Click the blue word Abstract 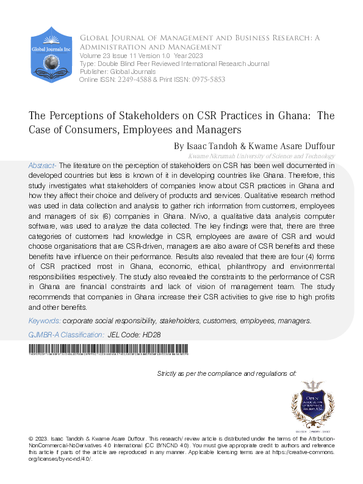click(43, 166)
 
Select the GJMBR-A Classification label click(66, 335)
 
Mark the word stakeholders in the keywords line click(181, 321)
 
